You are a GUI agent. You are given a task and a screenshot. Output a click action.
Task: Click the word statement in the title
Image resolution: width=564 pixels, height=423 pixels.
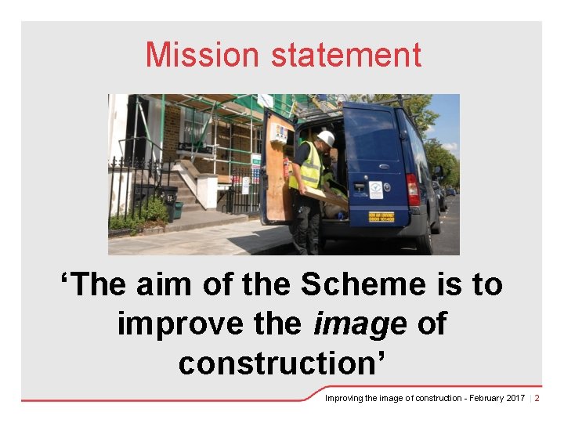click(346, 55)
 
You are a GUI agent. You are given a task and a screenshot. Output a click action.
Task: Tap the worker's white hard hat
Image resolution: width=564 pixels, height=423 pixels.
click(326, 139)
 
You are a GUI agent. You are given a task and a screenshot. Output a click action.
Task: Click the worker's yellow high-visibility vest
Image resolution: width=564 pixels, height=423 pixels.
click(310, 168)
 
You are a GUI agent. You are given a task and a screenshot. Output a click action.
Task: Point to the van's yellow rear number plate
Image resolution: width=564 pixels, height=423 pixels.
click(381, 215)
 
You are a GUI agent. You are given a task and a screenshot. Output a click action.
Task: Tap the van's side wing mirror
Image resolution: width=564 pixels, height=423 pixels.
click(439, 172)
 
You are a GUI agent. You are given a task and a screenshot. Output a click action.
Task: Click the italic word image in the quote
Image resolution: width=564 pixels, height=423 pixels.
click(360, 324)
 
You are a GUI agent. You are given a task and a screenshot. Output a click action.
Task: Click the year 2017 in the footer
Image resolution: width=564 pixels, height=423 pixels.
click(515, 398)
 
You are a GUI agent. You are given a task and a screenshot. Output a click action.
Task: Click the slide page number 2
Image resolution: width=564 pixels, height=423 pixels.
click(537, 398)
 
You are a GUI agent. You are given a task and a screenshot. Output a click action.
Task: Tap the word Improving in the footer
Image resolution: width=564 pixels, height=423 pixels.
click(344, 398)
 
